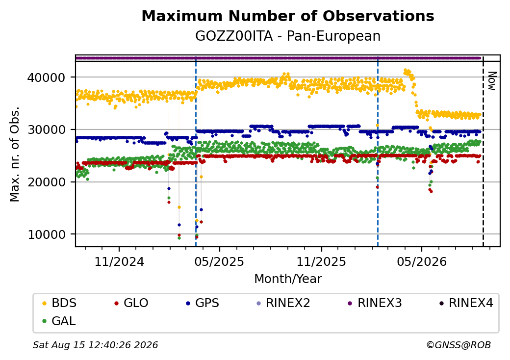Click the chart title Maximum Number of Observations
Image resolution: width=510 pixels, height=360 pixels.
[288, 16]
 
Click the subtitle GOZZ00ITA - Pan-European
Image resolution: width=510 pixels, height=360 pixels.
[288, 36]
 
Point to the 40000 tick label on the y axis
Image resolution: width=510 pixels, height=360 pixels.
[47, 77]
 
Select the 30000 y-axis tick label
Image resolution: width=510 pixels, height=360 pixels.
[47, 130]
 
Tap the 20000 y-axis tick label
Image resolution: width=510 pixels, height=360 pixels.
[47, 182]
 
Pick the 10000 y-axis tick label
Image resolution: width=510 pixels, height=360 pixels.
[47, 234]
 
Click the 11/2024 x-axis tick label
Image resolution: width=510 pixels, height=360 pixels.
[119, 261]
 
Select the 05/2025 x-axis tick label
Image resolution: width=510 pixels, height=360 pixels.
[220, 261]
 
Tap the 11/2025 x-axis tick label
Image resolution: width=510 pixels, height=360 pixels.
[321, 261]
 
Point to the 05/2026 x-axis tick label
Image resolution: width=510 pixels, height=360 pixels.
[422, 261]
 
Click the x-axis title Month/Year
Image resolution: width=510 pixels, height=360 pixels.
[288, 279]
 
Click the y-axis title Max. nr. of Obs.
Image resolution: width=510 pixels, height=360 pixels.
[15, 154]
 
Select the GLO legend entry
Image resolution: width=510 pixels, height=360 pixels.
[131, 303]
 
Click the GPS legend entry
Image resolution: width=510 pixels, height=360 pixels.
[203, 303]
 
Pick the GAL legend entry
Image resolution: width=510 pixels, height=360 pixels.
[59, 321]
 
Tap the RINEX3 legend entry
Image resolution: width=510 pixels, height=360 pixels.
[375, 303]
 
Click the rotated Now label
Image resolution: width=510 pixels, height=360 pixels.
[492, 81]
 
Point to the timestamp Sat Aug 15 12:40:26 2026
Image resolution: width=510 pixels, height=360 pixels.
[96, 345]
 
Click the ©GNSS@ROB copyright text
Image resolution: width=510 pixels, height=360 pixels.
[459, 345]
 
